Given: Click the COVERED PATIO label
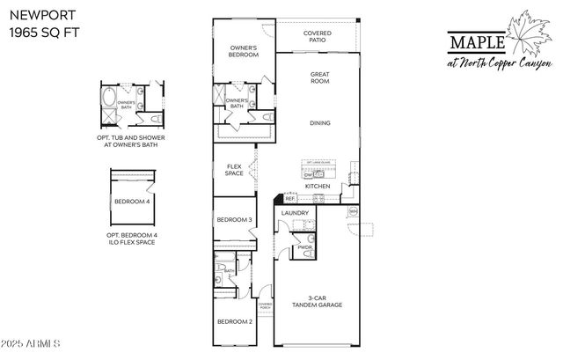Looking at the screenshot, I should click(x=318, y=36).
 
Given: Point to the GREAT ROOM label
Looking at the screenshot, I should click(x=318, y=78).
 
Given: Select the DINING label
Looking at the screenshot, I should click(x=319, y=122).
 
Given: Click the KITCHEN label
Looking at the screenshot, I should click(x=317, y=187).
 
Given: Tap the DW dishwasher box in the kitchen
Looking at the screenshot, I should click(x=310, y=174).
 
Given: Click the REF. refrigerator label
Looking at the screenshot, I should click(x=289, y=199).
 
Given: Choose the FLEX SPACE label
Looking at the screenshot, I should click(x=234, y=170).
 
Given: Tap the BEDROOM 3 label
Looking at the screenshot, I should click(x=234, y=219).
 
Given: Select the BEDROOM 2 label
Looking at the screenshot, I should click(x=234, y=321).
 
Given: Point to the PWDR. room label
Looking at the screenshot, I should click(x=305, y=247).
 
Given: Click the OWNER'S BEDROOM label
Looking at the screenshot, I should click(x=244, y=52).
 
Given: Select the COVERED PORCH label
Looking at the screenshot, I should click(x=264, y=306).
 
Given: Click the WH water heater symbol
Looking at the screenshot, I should click(x=354, y=211).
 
